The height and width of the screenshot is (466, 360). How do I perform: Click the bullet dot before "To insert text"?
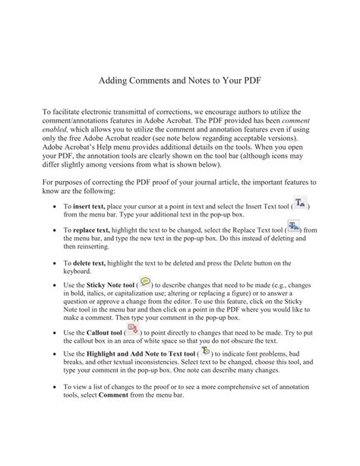click(x=50, y=207)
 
